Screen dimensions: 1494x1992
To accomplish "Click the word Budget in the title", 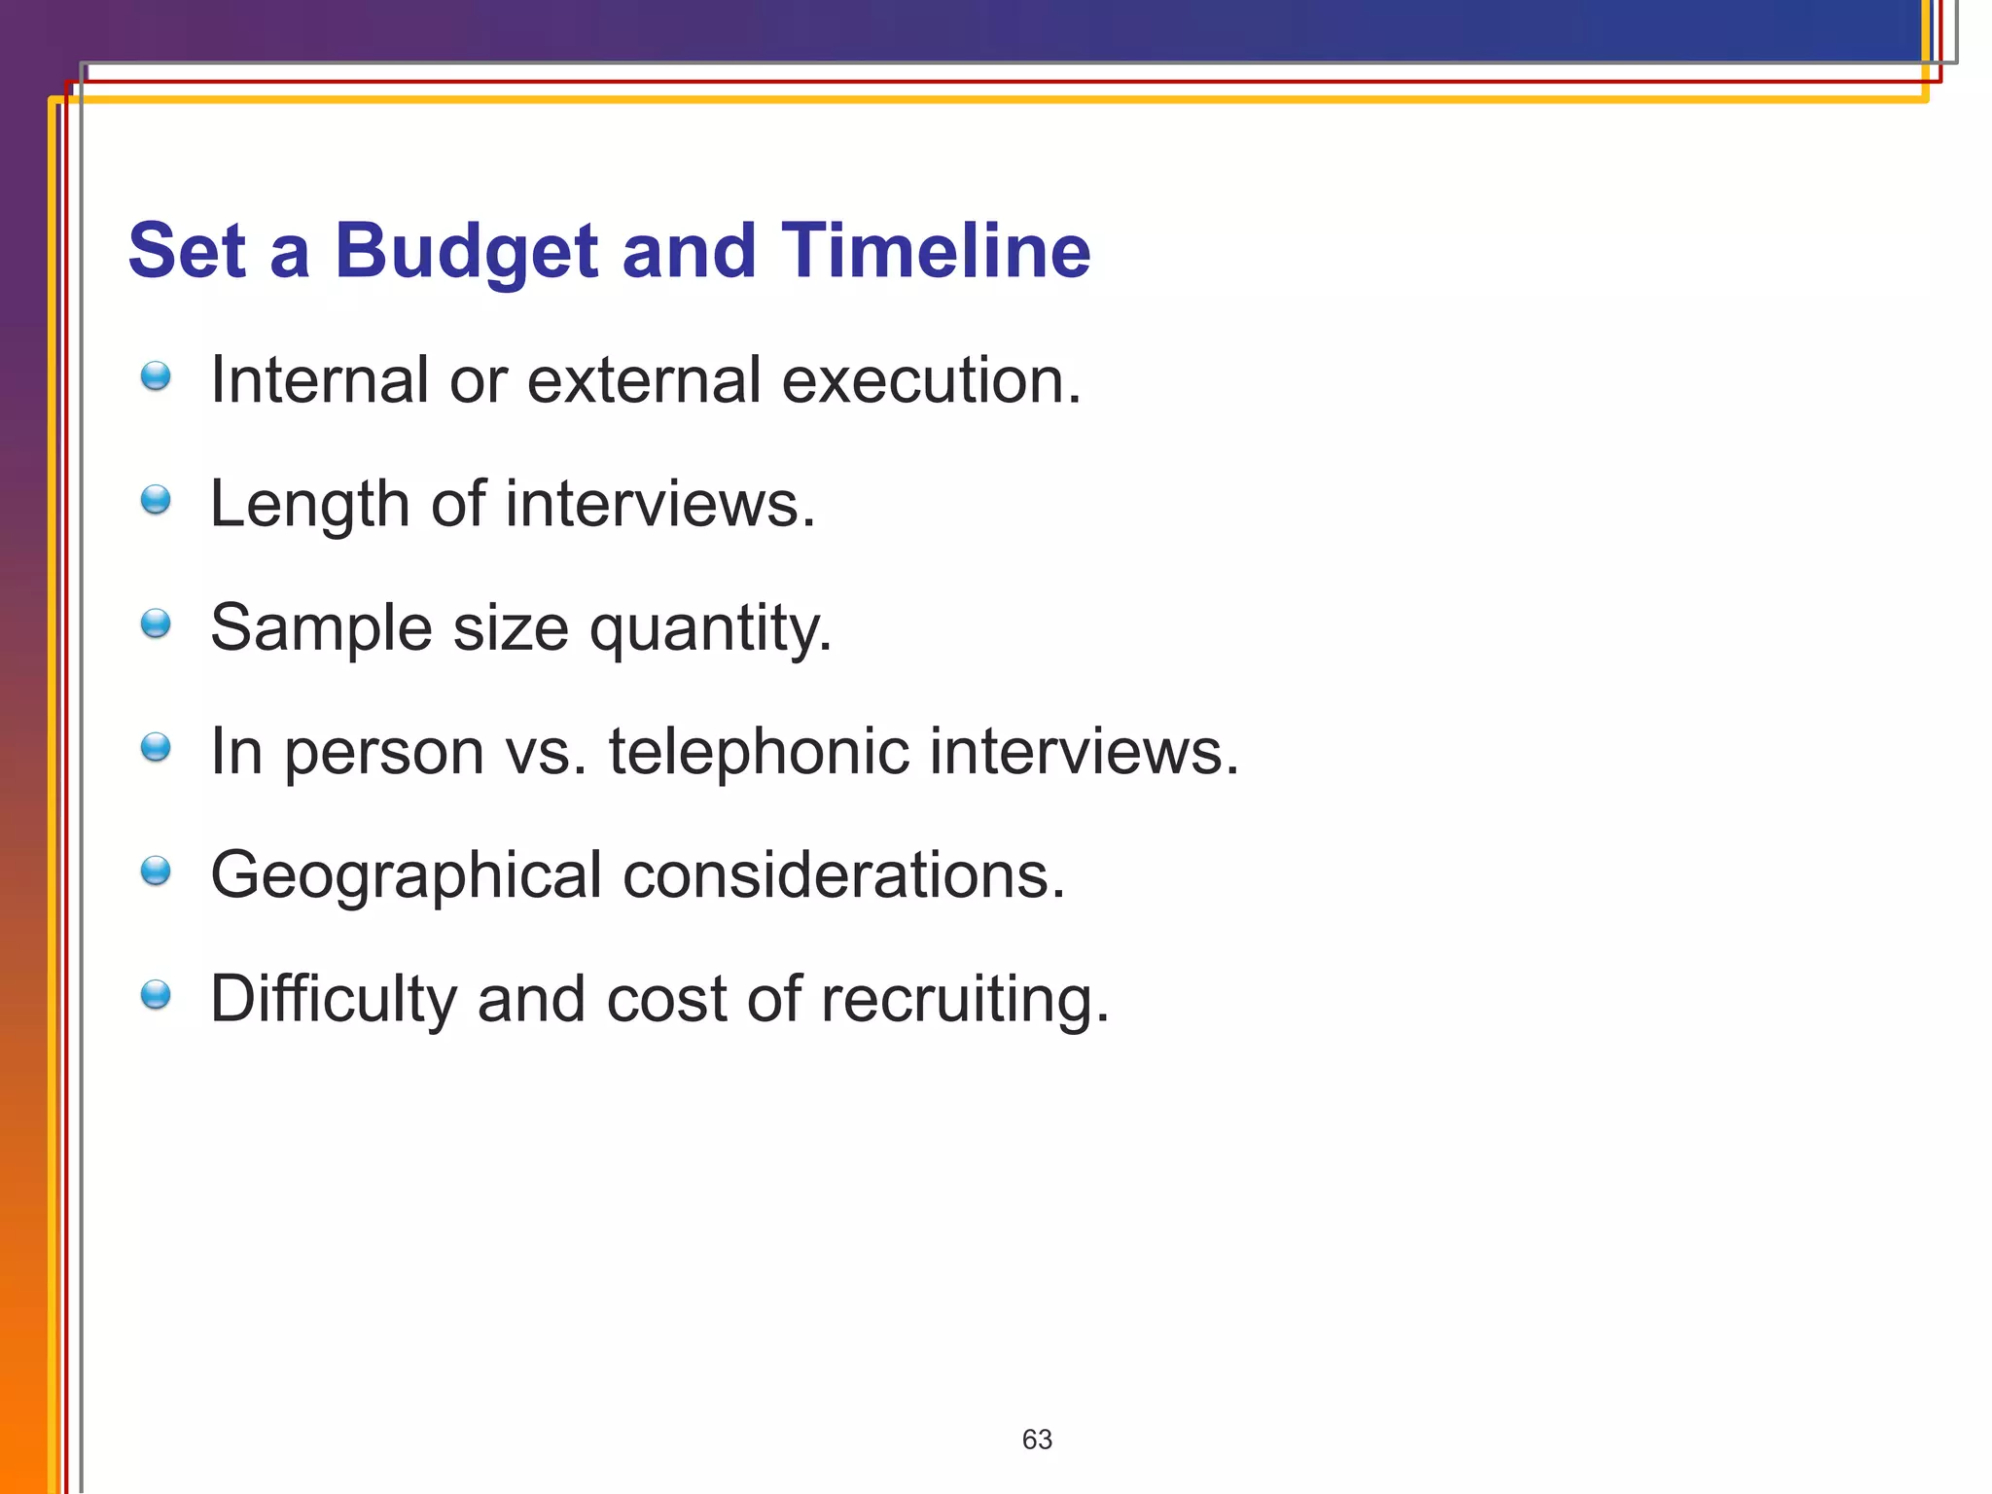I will pyautogui.click(x=466, y=252).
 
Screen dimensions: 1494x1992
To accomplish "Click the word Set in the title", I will pyautogui.click(x=187, y=250).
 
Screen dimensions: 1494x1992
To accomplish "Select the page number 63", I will pyautogui.click(x=1037, y=1440).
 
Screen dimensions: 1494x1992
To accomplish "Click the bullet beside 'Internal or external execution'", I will pyautogui.click(x=156, y=376).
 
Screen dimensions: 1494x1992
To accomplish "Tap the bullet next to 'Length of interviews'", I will pyautogui.click(x=156, y=500).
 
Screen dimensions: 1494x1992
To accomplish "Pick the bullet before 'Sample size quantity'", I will pyautogui.click(x=156, y=623).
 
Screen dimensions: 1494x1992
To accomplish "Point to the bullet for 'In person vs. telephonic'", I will pyautogui.click(x=156, y=747).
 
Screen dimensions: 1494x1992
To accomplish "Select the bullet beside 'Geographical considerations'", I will pyautogui.click(x=156, y=871).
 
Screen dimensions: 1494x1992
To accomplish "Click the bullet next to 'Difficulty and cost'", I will pyautogui.click(x=156, y=995).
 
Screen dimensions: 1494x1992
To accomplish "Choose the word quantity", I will pyautogui.click(x=711, y=629).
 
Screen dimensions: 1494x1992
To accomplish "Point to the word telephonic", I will pyautogui.click(x=758, y=752).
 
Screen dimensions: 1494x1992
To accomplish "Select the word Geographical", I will pyautogui.click(x=406, y=876).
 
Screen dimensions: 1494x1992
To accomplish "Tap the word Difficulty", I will pyautogui.click(x=333, y=1000).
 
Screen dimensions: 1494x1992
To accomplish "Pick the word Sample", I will pyautogui.click(x=321, y=628).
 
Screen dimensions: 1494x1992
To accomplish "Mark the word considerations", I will pyautogui.click(x=843, y=875).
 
